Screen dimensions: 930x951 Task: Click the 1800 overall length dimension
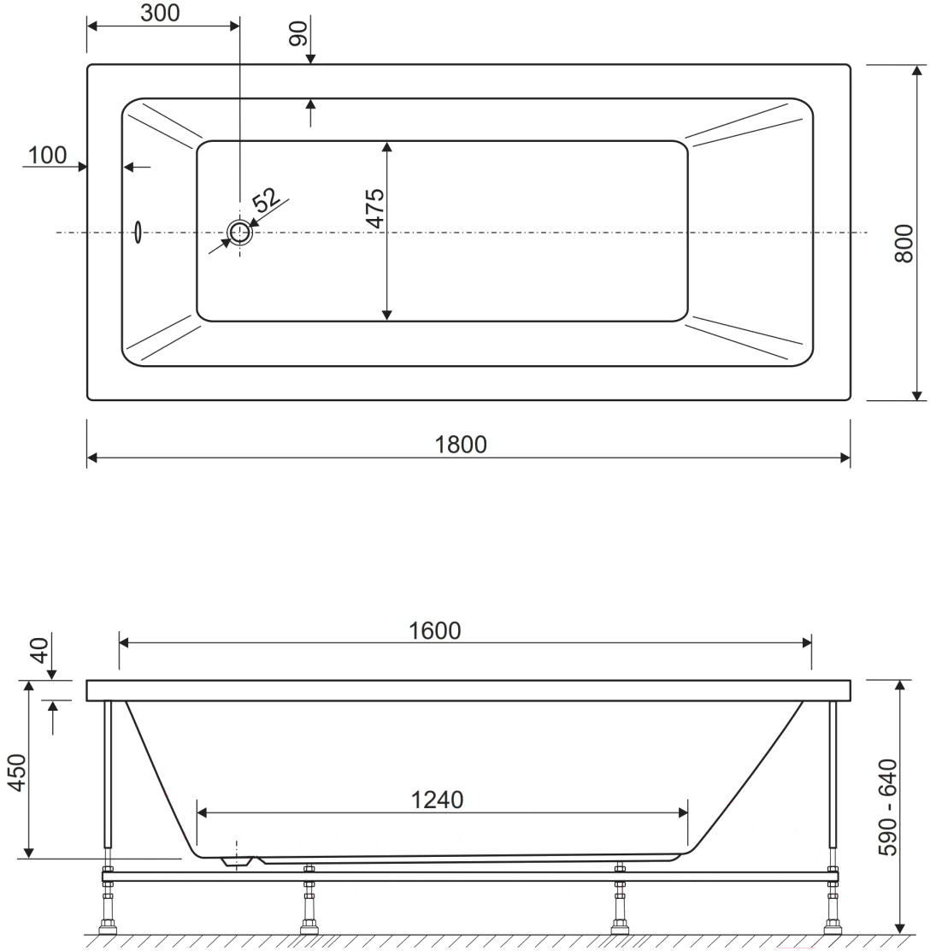pyautogui.click(x=461, y=445)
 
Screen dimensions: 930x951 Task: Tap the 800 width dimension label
pyautogui.click(x=904, y=244)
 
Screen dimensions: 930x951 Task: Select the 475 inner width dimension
pyautogui.click(x=376, y=208)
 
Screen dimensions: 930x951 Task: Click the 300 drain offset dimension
pyautogui.click(x=160, y=13)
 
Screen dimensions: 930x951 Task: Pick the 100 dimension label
pyautogui.click(x=47, y=156)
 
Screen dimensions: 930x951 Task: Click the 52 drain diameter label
pyautogui.click(x=266, y=200)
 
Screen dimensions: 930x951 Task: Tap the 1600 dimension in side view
pyautogui.click(x=435, y=631)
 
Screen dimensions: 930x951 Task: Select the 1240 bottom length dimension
pyautogui.click(x=437, y=800)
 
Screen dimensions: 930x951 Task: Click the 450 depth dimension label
pyautogui.click(x=16, y=772)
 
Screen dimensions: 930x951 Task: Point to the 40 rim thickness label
pyautogui.click(x=38, y=650)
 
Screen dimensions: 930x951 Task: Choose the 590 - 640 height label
pyautogui.click(x=888, y=807)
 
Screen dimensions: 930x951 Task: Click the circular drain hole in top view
pyautogui.click(x=239, y=233)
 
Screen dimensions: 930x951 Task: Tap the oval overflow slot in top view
pyautogui.click(x=138, y=233)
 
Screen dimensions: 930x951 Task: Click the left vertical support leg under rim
pyautogui.click(x=108, y=775)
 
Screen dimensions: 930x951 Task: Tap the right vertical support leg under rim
pyautogui.click(x=833, y=775)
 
